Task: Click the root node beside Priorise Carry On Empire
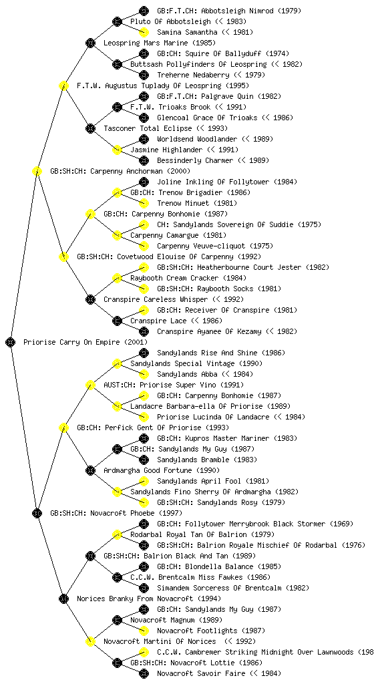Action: tap(11, 342)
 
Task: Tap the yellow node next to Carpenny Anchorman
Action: tap(37, 171)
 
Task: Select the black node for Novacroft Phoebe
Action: tap(37, 513)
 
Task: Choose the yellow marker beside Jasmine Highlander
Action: tap(117, 150)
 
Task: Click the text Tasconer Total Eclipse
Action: tap(148, 128)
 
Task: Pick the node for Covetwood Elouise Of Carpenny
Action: tap(63, 256)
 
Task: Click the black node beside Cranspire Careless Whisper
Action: tap(90, 299)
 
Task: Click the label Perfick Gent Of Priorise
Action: tap(153, 427)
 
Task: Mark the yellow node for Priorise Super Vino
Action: tap(90, 385)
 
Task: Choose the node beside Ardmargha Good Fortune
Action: tap(90, 470)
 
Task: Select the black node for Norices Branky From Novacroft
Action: tap(63, 598)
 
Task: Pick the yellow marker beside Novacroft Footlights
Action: tap(144, 631)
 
